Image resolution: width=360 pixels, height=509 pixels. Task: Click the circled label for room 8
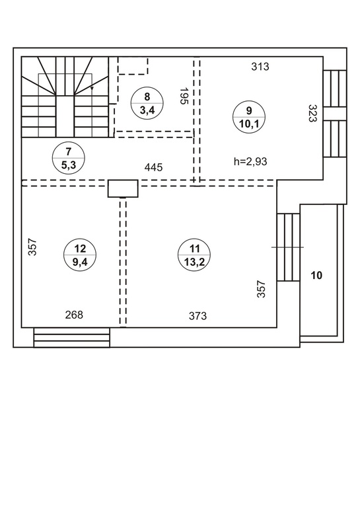tap(147, 103)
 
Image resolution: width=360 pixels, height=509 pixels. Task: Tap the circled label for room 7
tap(69, 158)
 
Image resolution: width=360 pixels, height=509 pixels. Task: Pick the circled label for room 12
tap(80, 255)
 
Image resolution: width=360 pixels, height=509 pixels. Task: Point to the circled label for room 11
tap(194, 255)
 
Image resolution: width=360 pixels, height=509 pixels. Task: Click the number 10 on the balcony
tap(316, 276)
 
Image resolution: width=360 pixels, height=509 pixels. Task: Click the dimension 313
tap(260, 67)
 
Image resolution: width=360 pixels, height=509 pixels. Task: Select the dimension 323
tap(312, 113)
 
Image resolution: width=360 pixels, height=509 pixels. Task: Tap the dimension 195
tap(184, 96)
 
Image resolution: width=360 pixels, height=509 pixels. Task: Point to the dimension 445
tap(153, 167)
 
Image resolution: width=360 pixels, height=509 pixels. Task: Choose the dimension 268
tap(74, 315)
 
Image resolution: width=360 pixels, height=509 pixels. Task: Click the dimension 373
tap(198, 315)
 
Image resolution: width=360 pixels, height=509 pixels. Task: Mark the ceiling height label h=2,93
tap(250, 161)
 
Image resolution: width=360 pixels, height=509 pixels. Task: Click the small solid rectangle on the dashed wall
tap(123, 188)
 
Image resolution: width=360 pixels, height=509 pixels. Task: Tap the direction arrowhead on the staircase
tap(92, 88)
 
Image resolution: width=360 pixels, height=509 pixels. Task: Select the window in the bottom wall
tap(72, 338)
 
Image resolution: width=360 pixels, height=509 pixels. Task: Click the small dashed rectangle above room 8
tap(133, 65)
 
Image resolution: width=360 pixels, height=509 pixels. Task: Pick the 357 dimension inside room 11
tap(261, 289)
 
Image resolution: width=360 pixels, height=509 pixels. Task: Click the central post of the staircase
tap(65, 116)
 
